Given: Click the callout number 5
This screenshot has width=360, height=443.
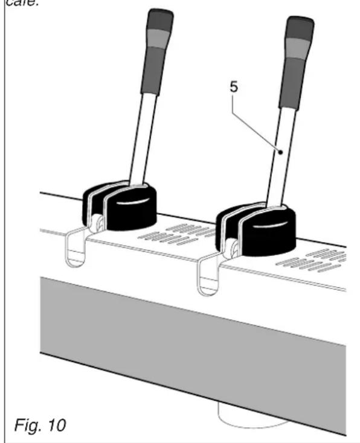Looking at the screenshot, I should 234,88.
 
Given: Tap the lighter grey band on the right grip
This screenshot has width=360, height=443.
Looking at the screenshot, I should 299,48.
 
